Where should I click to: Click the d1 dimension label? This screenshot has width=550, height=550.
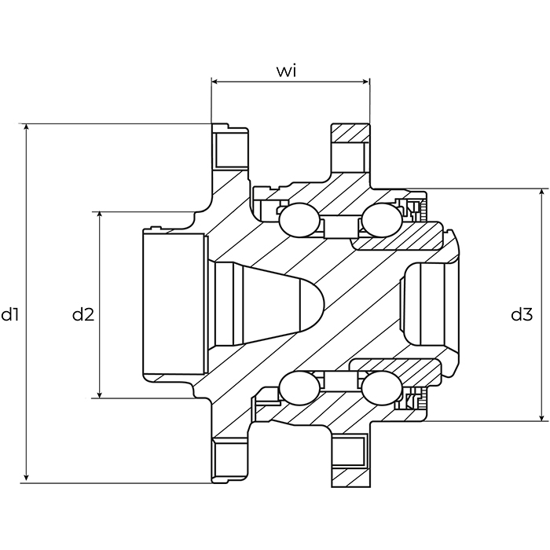(x=9, y=314)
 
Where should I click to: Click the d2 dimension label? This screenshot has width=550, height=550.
(x=83, y=314)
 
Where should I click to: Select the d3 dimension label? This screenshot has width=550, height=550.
(x=522, y=314)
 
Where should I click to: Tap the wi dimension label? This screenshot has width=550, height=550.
(x=286, y=71)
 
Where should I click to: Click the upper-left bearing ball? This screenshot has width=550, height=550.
(x=299, y=220)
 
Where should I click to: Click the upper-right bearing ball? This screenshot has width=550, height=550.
(x=382, y=220)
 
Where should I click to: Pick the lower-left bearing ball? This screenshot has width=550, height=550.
(x=299, y=388)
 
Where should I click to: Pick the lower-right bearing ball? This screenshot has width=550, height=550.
(x=382, y=388)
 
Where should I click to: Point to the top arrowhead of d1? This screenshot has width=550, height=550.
(x=26, y=126)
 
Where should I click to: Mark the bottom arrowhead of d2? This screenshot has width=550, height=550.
(x=100, y=395)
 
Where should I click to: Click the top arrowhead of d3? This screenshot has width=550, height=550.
(x=542, y=192)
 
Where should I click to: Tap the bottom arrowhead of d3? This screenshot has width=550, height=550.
(x=542, y=418)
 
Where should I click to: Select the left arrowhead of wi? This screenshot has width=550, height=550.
(x=214, y=82)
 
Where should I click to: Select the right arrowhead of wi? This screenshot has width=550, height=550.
(x=366, y=82)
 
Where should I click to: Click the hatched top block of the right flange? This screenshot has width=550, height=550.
(x=350, y=134)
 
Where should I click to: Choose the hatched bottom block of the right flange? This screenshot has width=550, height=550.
(x=350, y=478)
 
